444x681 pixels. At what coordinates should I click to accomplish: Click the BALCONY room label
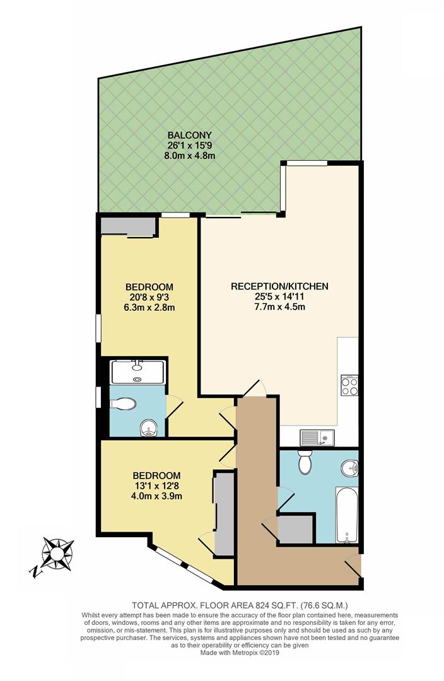pyautogui.click(x=189, y=134)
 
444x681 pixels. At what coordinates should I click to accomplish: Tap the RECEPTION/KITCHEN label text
pyautogui.click(x=279, y=286)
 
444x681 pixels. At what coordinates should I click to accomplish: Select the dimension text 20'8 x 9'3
pyautogui.click(x=148, y=297)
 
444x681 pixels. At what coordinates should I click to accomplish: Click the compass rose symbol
pyautogui.click(x=56, y=554)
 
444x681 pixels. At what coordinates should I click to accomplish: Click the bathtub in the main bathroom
pyautogui.click(x=346, y=513)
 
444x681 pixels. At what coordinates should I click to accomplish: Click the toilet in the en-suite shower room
pyautogui.click(x=124, y=404)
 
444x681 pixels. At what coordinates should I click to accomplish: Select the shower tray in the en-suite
pyautogui.click(x=137, y=372)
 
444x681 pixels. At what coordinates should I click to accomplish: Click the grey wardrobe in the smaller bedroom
pyautogui.click(x=223, y=513)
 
